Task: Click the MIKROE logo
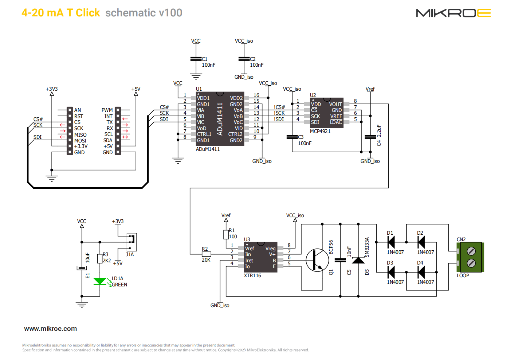point(453,13)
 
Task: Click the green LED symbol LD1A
point(100,282)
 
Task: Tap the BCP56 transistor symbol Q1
point(317,260)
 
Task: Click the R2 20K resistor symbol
point(206,254)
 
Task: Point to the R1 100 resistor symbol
point(226,235)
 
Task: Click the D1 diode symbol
point(391,242)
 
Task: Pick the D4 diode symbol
point(421,272)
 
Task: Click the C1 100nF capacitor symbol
point(196,59)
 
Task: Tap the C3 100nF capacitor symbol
point(292,137)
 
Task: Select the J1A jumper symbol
point(132,242)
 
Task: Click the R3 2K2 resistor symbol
point(100,259)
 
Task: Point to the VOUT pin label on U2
point(335,104)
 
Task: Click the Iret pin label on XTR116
point(249,261)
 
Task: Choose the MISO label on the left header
point(80,135)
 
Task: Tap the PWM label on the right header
point(107,110)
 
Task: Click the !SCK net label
point(279,113)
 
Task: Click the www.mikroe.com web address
point(50,329)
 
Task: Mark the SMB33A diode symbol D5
point(358,260)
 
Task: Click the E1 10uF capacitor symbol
point(82,268)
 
